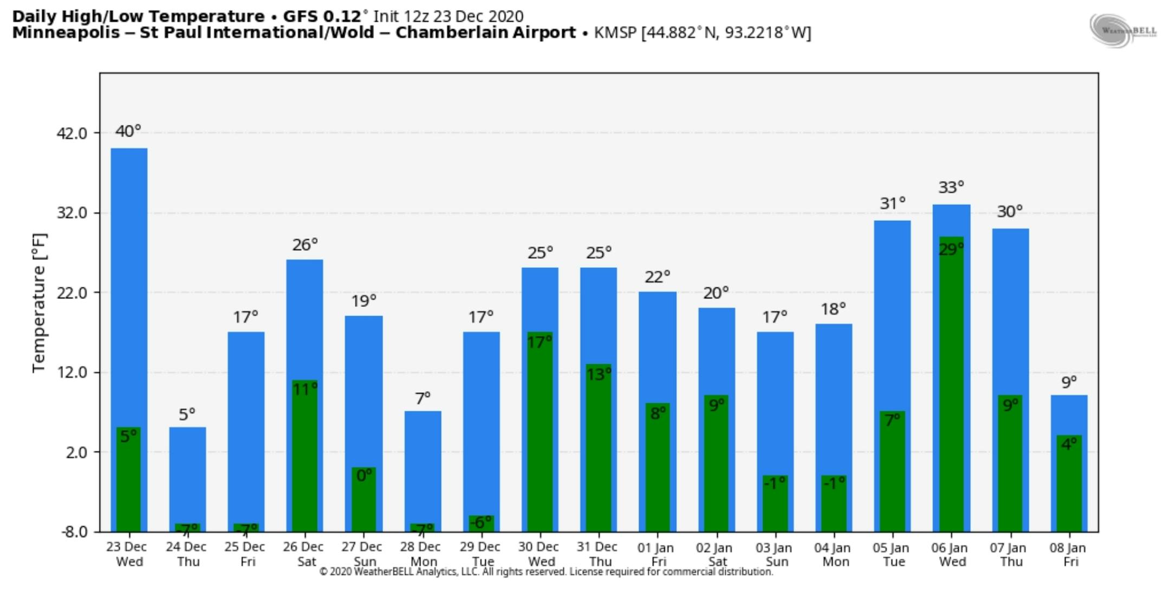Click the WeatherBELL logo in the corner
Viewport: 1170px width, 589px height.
tap(1122, 30)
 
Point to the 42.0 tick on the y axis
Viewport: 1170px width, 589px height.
tap(72, 133)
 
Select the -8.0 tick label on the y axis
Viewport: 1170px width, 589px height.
tap(74, 532)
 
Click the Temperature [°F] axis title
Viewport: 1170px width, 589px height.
tap(40, 303)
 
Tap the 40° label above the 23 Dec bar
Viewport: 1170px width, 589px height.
tap(128, 132)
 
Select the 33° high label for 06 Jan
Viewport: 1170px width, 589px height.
tap(951, 188)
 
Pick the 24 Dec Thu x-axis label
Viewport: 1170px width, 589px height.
tap(187, 554)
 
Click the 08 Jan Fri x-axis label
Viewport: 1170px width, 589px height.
tap(1068, 554)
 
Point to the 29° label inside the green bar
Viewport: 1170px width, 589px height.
tap(951, 250)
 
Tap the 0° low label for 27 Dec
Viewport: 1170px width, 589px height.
tap(364, 475)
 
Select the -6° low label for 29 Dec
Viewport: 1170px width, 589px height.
tap(481, 522)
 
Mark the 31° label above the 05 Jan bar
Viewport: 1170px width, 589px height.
tap(892, 204)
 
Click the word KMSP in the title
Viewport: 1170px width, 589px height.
tap(615, 33)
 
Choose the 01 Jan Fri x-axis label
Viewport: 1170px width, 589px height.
tap(658, 554)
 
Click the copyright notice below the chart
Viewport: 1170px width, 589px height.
tap(546, 572)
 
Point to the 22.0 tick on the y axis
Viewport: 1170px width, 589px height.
tap(72, 293)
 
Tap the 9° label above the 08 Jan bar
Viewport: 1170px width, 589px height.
tap(1069, 383)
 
